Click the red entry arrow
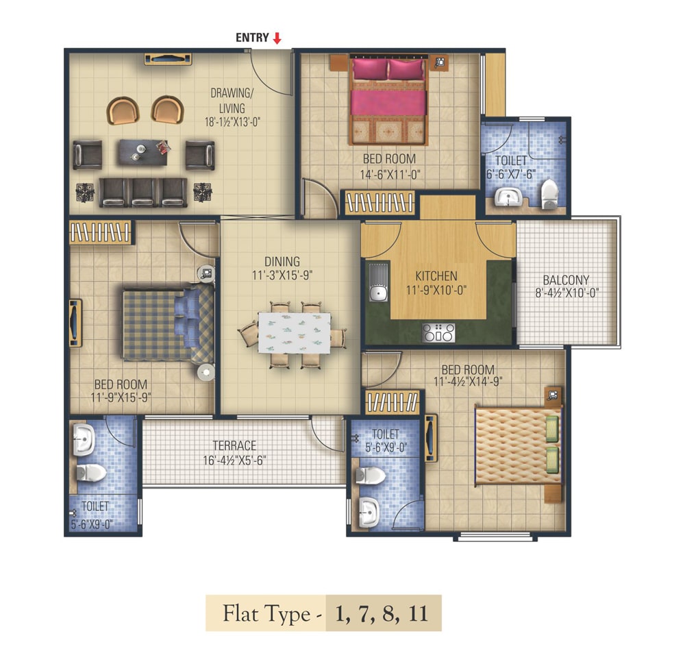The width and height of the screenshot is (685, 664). point(277,38)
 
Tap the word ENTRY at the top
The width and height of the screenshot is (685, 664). point(252,38)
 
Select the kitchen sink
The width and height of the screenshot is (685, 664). point(378,282)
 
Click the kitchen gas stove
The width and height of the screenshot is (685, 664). point(438,333)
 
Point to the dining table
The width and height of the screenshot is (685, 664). point(294,332)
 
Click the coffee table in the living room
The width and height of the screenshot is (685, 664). point(143,152)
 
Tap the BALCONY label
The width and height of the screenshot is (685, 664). point(566,280)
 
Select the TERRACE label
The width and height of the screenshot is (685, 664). point(234,446)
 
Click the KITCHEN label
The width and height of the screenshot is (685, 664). point(436,276)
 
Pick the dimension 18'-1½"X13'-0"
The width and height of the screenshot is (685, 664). point(232,122)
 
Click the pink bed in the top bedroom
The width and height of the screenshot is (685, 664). point(388,101)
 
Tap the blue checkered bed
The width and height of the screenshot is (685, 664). point(169,324)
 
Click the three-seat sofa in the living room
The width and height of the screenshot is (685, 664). point(143,192)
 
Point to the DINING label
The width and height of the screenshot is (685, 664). point(282,262)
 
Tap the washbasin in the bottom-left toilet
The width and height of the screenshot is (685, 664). point(83,439)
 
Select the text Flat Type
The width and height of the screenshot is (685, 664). point(266,613)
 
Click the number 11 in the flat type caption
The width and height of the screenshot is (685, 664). point(418,613)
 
